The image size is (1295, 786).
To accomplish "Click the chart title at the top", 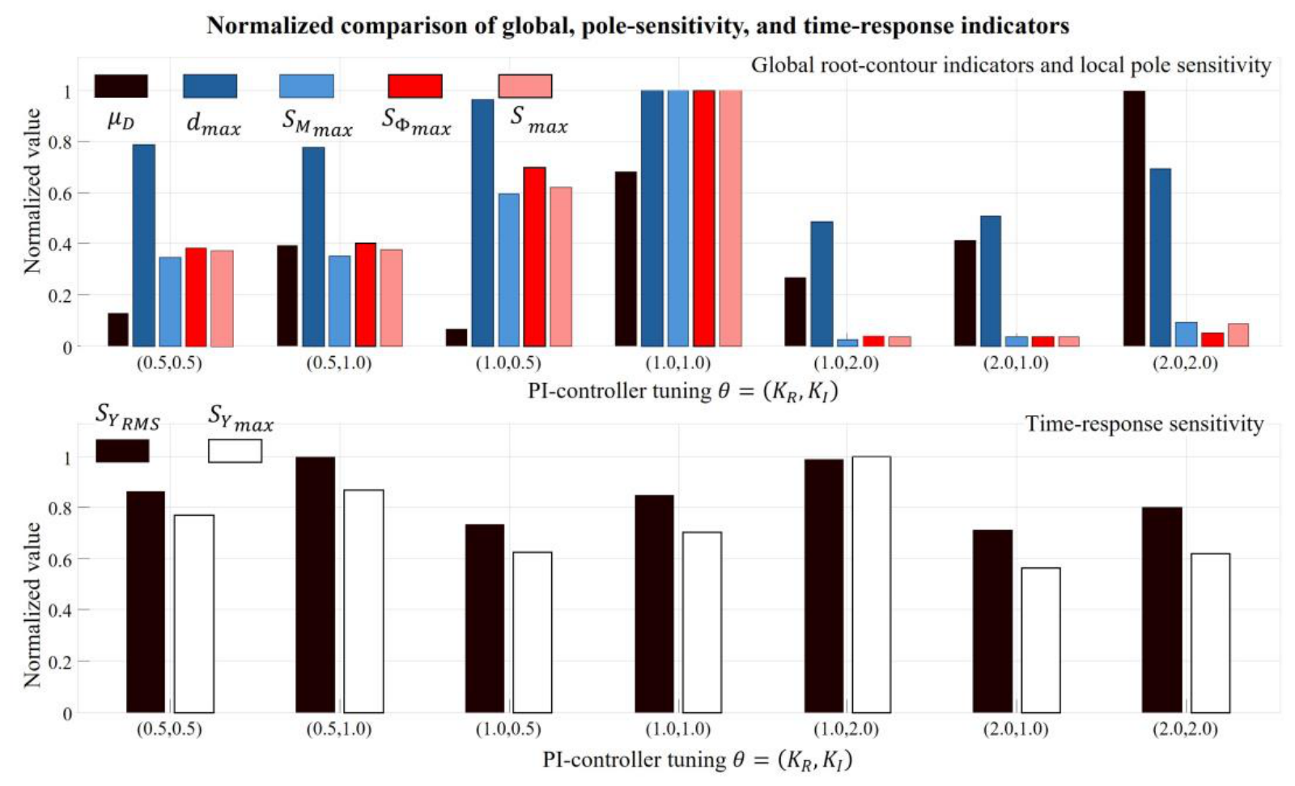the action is (638, 26).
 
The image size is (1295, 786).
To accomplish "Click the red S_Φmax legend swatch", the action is (414, 86).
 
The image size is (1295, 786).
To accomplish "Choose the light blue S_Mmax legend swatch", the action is (307, 86).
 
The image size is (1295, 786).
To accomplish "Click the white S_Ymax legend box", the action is (235, 451).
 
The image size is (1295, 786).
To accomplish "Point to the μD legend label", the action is (121, 121).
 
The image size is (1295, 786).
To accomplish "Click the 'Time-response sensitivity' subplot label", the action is (1144, 424).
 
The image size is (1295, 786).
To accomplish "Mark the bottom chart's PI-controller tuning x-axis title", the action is (698, 759).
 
